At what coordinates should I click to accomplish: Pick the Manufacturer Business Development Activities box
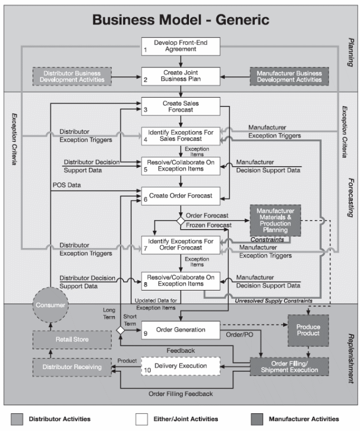tap(289, 76)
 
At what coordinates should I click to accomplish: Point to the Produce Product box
tap(308, 330)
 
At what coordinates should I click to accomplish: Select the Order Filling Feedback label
tap(181, 394)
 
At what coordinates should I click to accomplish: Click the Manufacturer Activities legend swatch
tap(256, 419)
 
